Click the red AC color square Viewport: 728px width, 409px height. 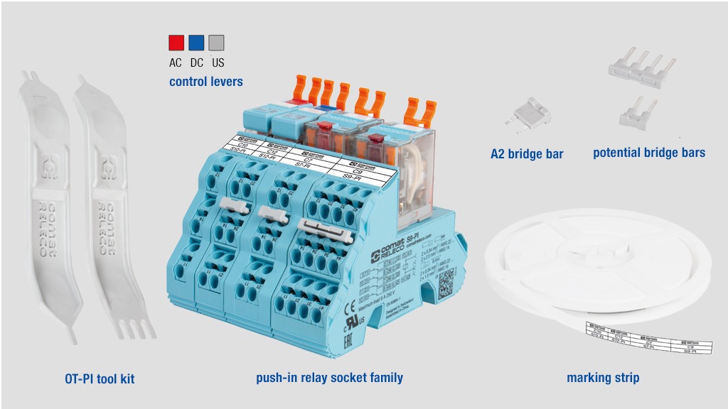click(176, 43)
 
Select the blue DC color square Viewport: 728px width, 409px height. click(196, 43)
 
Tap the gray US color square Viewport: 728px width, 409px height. click(216, 43)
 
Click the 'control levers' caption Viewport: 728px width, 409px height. click(206, 82)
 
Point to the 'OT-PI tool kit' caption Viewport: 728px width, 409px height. click(100, 379)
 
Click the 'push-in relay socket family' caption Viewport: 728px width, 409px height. click(329, 378)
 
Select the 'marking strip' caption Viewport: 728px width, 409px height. click(603, 378)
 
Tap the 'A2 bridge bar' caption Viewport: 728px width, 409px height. click(527, 154)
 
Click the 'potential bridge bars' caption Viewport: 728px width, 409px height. click(649, 153)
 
